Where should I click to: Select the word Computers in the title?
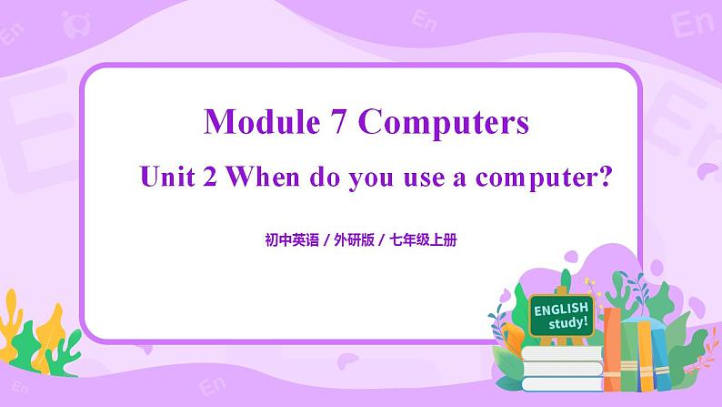(x=443, y=122)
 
